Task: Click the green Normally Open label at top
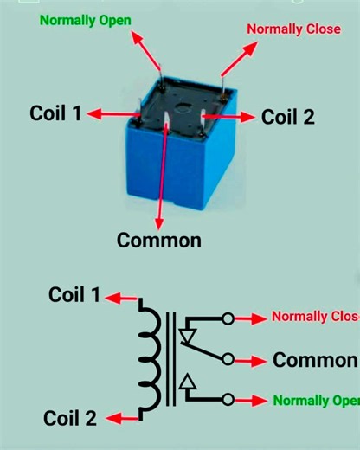click(x=79, y=19)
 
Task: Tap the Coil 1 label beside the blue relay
click(x=55, y=113)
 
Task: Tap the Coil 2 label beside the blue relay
click(x=287, y=116)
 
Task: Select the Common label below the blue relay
click(x=159, y=240)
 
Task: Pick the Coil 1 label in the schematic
click(x=74, y=295)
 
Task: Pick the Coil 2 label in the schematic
click(x=72, y=418)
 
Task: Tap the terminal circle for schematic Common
click(x=228, y=358)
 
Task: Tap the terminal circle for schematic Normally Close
click(x=228, y=318)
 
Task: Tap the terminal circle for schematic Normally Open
click(x=228, y=400)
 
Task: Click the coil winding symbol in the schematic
click(x=148, y=356)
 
